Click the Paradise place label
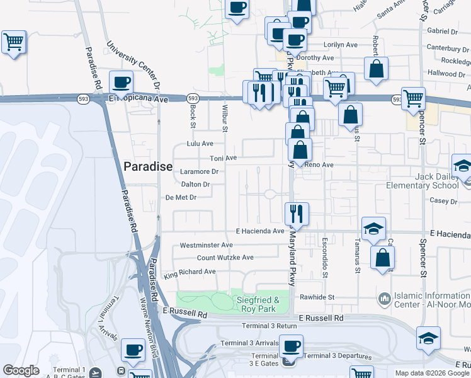(148, 166)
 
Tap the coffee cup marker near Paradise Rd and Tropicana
(121, 83)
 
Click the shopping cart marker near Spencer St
(413, 98)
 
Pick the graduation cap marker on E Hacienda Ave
(373, 229)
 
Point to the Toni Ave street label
(223, 158)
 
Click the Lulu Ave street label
(200, 144)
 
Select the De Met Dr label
(181, 197)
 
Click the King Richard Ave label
(190, 272)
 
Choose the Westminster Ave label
(207, 245)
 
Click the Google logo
(21, 370)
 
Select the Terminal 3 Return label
(270, 326)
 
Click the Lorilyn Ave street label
(341, 45)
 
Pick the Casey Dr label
(443, 202)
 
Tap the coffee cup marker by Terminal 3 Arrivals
(291, 346)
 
